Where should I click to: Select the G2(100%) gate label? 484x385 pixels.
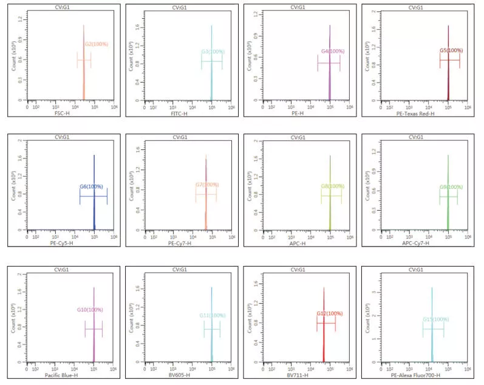click(x=96, y=44)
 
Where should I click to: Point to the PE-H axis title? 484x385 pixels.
click(x=296, y=114)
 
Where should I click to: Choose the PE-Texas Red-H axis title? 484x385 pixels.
click(x=415, y=114)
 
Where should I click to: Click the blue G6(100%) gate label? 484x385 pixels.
click(x=91, y=186)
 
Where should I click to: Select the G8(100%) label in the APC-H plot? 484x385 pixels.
click(x=333, y=186)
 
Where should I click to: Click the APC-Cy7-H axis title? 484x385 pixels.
click(x=415, y=244)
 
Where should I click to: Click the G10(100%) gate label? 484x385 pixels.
click(x=90, y=310)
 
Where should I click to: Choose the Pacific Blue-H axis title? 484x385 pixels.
click(x=62, y=375)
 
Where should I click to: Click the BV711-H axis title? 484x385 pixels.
click(x=296, y=375)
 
